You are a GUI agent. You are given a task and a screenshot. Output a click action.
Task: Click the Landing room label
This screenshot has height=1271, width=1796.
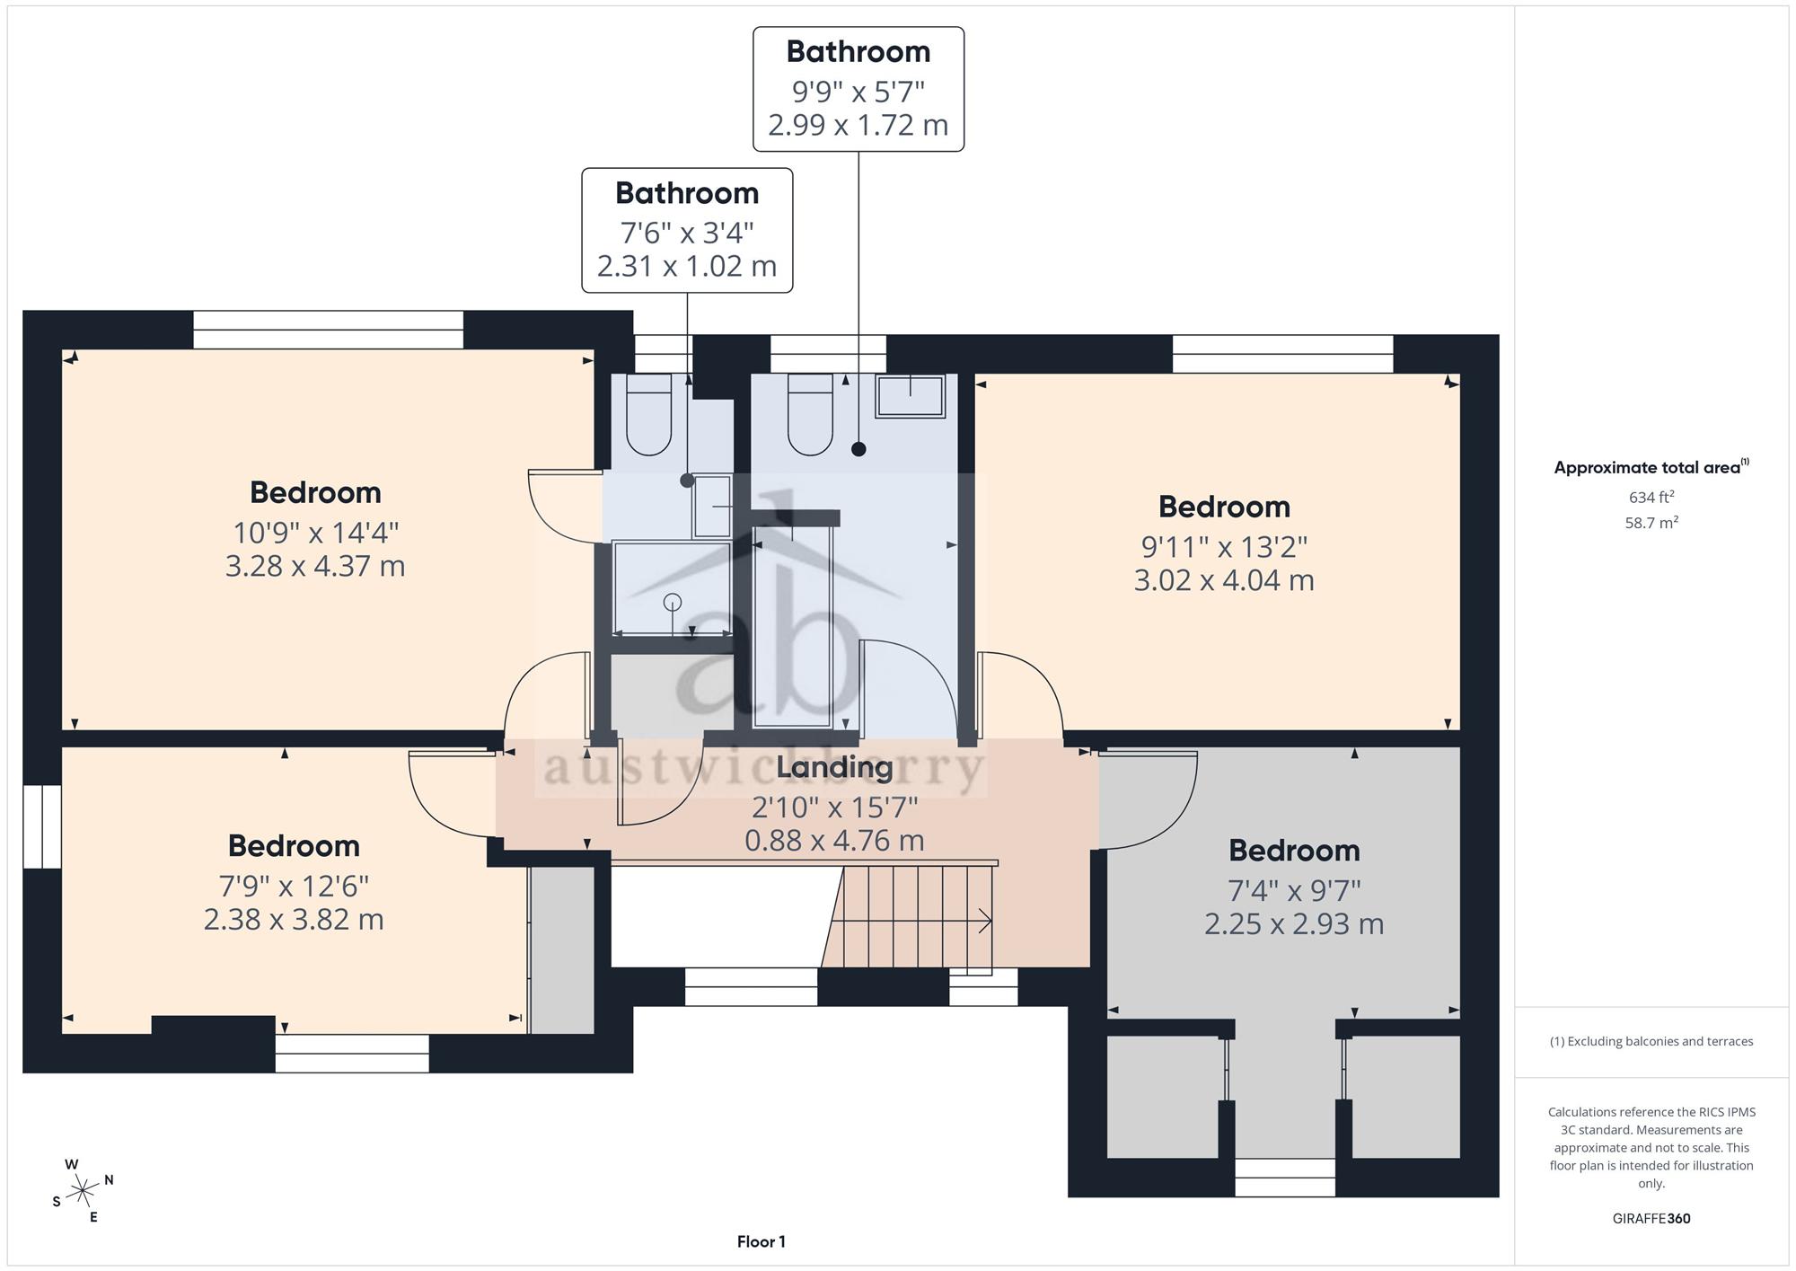[834, 767]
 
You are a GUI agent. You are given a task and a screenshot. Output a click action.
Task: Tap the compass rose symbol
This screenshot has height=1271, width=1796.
[83, 1191]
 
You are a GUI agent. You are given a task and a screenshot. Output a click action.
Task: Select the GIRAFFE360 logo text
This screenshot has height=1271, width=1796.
[1651, 1219]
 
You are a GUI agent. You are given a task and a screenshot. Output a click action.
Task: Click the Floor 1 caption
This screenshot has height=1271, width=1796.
[762, 1242]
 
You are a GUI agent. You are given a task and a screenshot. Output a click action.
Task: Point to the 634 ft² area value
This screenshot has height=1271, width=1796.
[1651, 497]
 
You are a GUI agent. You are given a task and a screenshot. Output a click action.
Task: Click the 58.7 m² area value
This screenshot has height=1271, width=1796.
[1651, 522]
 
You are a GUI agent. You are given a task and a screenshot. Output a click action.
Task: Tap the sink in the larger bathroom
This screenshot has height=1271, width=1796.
[911, 396]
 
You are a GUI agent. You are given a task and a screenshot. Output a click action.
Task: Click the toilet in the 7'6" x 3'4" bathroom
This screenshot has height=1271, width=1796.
[648, 415]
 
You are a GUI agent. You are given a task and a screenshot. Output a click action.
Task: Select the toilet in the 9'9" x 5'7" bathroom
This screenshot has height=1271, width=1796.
[810, 415]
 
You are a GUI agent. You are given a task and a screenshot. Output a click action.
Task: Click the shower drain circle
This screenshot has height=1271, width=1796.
[673, 602]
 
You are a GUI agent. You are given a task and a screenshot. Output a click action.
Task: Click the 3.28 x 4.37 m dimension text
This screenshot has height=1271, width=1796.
[315, 566]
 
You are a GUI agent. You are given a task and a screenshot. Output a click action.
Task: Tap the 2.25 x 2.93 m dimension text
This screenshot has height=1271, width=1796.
[1294, 923]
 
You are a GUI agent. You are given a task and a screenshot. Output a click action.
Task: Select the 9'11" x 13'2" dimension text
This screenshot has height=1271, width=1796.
[1224, 546]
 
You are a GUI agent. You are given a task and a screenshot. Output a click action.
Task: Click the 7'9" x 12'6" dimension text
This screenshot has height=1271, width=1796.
[294, 887]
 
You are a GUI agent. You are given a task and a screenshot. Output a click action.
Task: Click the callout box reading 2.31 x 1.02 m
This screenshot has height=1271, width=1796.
[687, 230]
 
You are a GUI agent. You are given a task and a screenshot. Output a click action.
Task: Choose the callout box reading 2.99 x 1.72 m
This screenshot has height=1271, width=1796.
[858, 89]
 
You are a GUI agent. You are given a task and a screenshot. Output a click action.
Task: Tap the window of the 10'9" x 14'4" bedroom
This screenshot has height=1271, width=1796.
[329, 330]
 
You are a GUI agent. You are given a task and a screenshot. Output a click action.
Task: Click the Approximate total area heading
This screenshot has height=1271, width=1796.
[1651, 466]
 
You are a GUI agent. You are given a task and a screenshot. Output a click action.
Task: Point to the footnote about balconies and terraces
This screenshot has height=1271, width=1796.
[1651, 1041]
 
